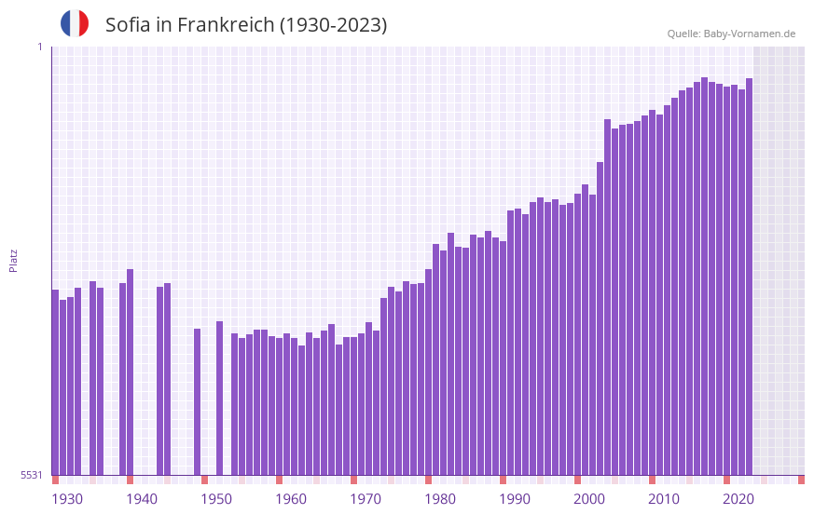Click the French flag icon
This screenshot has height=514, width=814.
pyautogui.click(x=75, y=23)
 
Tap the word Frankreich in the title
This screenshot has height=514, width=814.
pyautogui.click(x=223, y=25)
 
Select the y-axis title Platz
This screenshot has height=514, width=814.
pyautogui.click(x=13, y=260)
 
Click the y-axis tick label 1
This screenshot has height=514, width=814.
pyautogui.click(x=39, y=47)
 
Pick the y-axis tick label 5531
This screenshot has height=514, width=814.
pyautogui.click(x=32, y=475)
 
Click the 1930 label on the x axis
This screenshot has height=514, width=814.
pyautogui.click(x=67, y=499)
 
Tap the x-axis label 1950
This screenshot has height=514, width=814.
pyautogui.click(x=216, y=499)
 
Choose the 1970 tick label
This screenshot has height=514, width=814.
pyautogui.click(x=366, y=499)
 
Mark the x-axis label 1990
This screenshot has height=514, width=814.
pyautogui.click(x=515, y=499)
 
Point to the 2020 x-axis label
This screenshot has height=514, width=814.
pyautogui.click(x=738, y=499)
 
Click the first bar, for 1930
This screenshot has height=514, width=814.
pyautogui.click(x=55, y=382)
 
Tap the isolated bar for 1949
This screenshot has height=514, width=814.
pyautogui.click(x=197, y=401)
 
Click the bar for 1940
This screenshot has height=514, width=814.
pyautogui.click(x=130, y=372)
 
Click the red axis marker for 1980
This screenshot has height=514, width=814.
pyautogui.click(x=428, y=480)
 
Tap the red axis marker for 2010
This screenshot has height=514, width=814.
pyautogui.click(x=652, y=480)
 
